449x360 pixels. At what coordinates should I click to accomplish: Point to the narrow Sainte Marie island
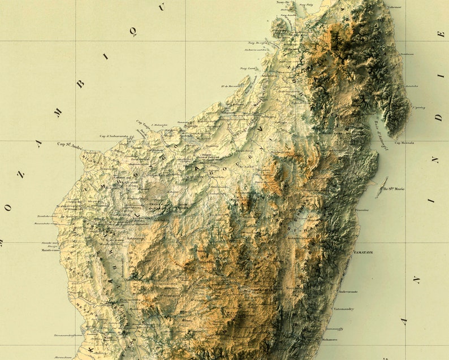tap(381, 188)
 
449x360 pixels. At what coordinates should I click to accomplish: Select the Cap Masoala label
tap(404, 142)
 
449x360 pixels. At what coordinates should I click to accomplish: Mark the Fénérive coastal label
tap(361, 210)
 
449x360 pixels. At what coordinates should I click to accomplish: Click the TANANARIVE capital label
tap(260, 289)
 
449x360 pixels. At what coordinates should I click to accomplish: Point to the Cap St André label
tap(70, 145)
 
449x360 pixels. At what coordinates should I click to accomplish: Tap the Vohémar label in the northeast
tap(394, 7)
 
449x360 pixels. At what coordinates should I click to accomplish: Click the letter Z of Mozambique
tap(21, 175)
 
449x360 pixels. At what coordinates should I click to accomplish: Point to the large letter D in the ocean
tap(439, 118)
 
